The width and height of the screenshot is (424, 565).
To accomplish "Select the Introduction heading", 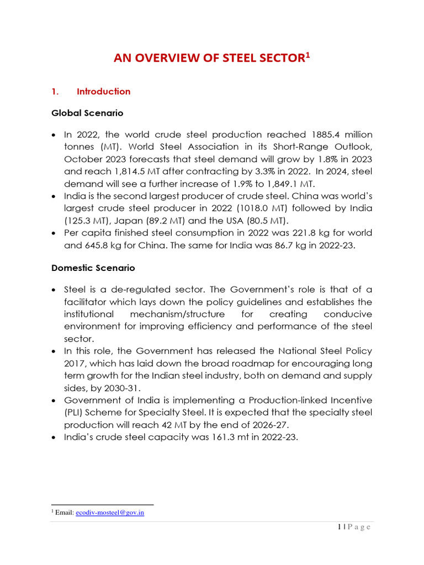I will tap(104, 92).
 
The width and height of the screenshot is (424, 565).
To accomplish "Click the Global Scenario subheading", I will tap(87, 113).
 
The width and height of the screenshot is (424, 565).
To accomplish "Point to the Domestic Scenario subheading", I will tap(93, 268).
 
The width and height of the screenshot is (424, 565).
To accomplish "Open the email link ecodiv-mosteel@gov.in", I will tap(118, 513).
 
